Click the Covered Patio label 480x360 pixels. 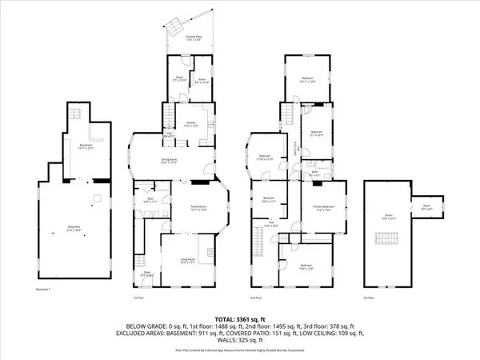pos(192,38)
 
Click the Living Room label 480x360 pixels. pos(186,261)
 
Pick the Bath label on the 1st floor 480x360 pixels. pos(150,201)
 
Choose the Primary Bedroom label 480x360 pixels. pos(324,210)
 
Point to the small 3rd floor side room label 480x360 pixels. pos(426,208)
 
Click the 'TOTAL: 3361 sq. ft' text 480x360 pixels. pos(239,318)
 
